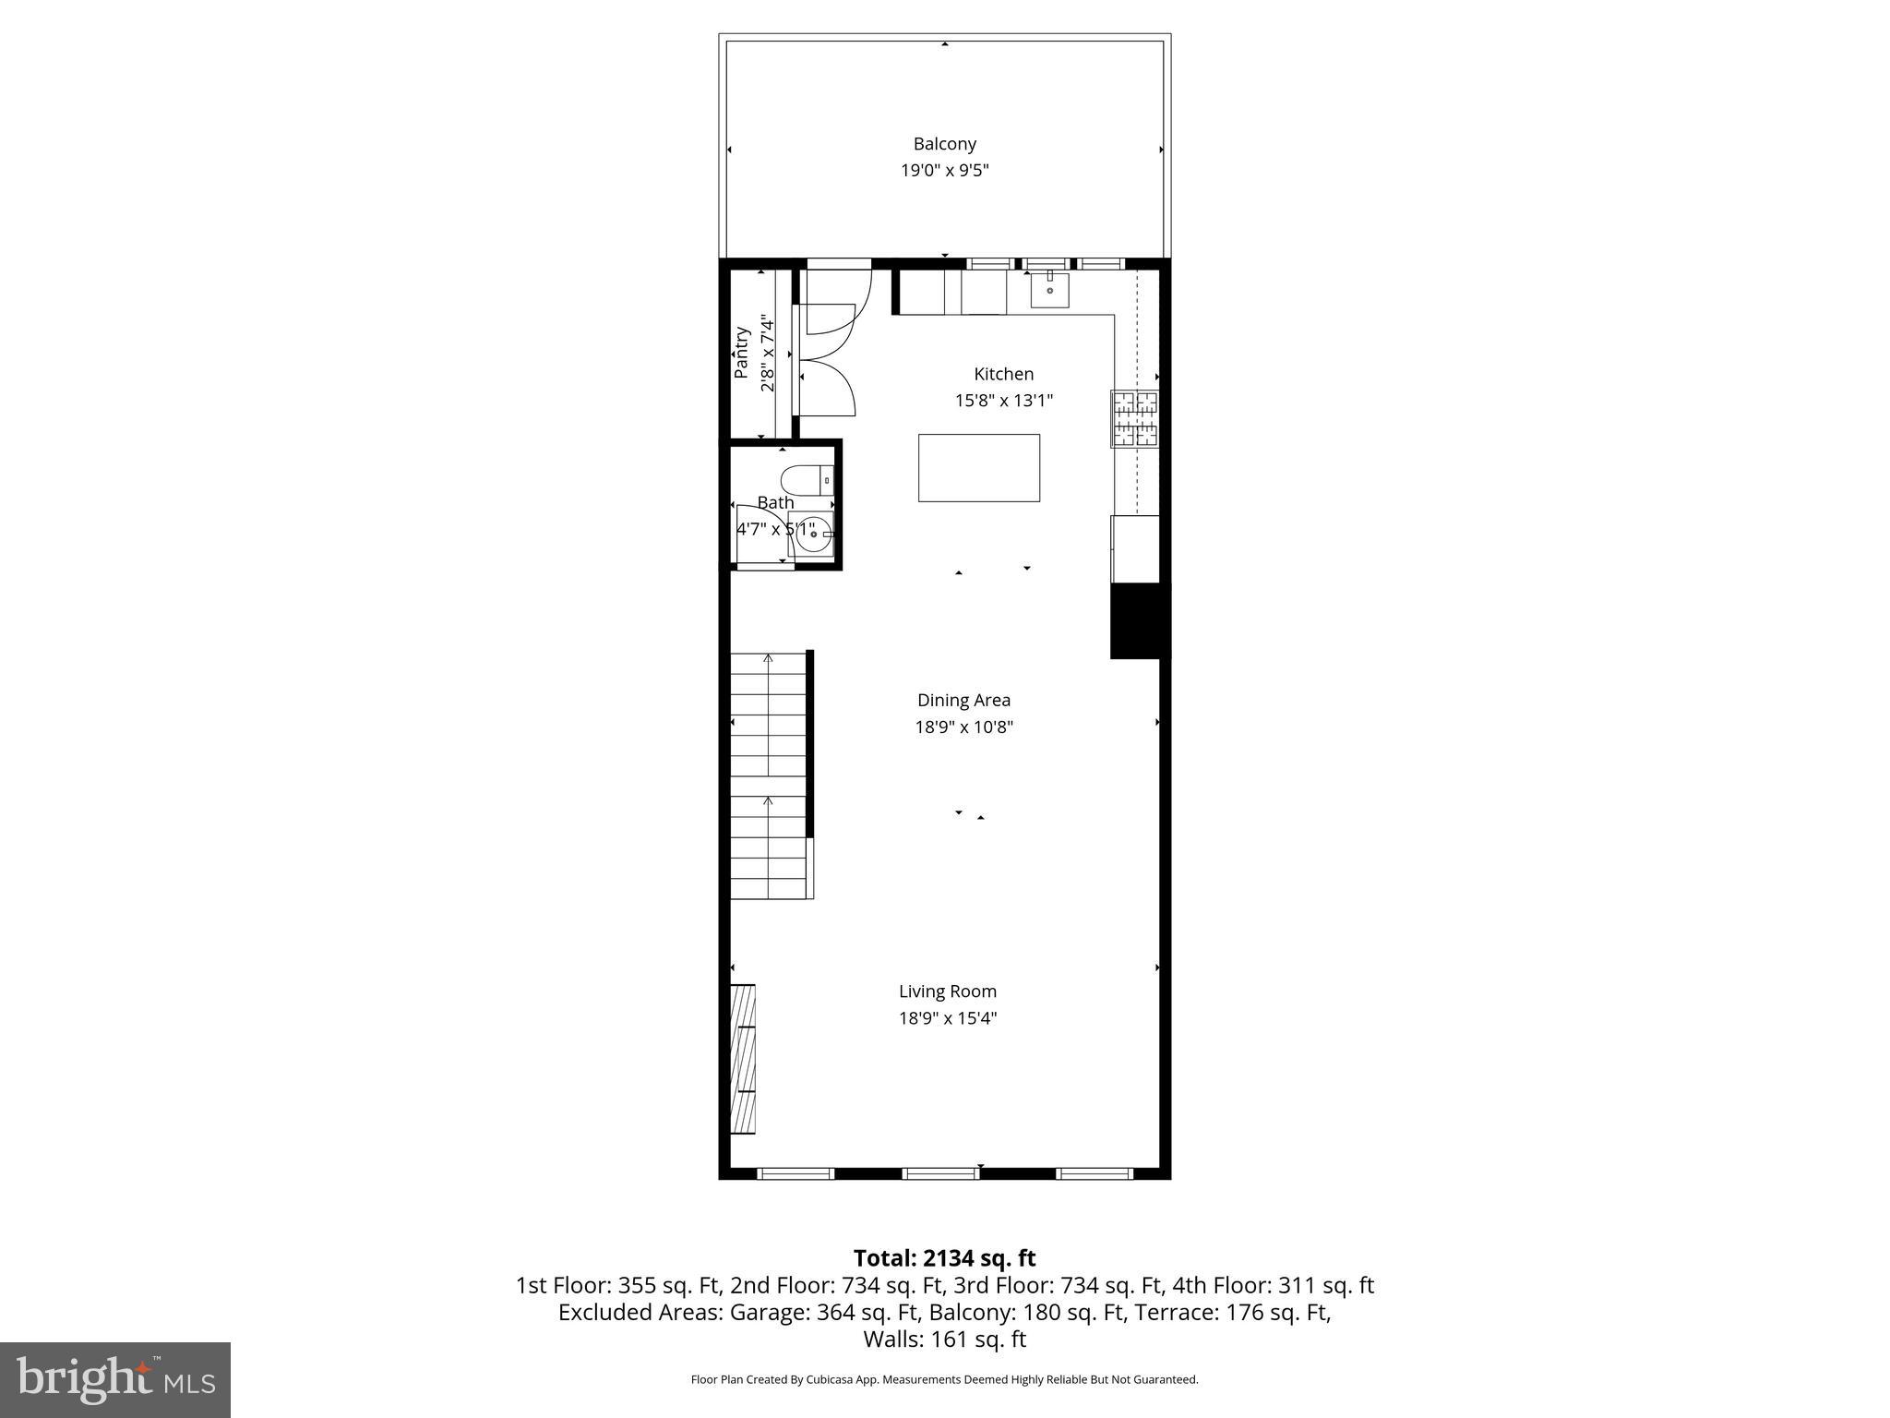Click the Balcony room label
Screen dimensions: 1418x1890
click(x=944, y=144)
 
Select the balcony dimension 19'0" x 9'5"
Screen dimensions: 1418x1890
click(x=944, y=171)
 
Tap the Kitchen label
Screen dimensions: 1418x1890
click(x=1003, y=374)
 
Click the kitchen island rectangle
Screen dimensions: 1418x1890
click(x=978, y=468)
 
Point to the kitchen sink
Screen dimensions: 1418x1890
click(x=1049, y=290)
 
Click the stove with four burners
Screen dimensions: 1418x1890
click(x=1134, y=419)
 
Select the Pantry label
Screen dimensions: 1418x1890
click(x=741, y=353)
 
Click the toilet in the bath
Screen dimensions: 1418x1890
click(x=807, y=481)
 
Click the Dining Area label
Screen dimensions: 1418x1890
click(x=963, y=700)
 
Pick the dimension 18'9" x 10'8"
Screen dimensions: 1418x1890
click(x=963, y=727)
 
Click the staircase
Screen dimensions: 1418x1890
click(x=769, y=775)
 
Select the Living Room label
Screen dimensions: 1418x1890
click(x=948, y=991)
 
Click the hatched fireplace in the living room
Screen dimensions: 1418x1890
click(x=743, y=1059)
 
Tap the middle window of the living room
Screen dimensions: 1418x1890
click(x=940, y=1173)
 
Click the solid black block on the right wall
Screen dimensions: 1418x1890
click(x=1139, y=621)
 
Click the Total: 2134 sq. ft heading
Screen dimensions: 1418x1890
click(x=944, y=1258)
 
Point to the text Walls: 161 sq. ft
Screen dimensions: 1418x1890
click(x=944, y=1340)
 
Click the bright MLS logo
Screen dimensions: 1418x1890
click(x=115, y=1380)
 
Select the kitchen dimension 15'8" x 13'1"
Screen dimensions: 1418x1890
click(x=1003, y=402)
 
